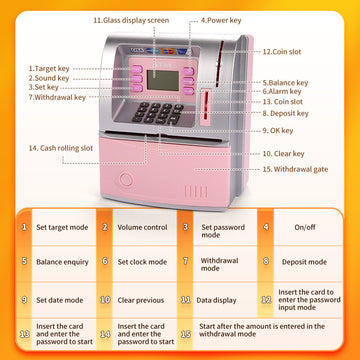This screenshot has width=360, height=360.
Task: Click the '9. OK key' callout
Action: tap(281, 130)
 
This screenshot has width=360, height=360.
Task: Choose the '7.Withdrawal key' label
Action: tap(57, 98)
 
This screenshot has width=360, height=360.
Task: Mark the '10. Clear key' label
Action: tap(285, 154)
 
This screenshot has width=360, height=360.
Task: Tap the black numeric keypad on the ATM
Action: tap(160, 112)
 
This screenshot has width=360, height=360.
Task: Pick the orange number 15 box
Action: tap(185, 335)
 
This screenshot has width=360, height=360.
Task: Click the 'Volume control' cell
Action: tap(141, 227)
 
